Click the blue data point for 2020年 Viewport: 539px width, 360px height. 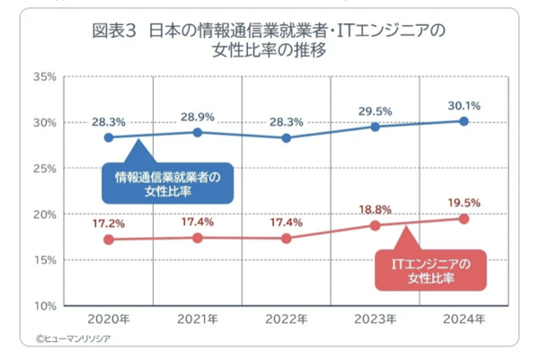point(109,137)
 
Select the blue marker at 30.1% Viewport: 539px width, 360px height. point(464,120)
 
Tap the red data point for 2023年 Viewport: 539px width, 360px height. point(375,225)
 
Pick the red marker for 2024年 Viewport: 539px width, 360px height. point(464,218)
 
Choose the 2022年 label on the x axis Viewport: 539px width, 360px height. point(286,320)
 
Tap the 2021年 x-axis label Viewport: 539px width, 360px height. point(197,320)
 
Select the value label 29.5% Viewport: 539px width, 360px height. point(375,111)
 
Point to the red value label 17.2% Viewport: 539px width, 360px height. point(109,223)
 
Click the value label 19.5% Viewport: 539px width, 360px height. point(464,202)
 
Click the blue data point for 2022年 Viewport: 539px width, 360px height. point(286,138)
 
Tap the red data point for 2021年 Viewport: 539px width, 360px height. point(197,238)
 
